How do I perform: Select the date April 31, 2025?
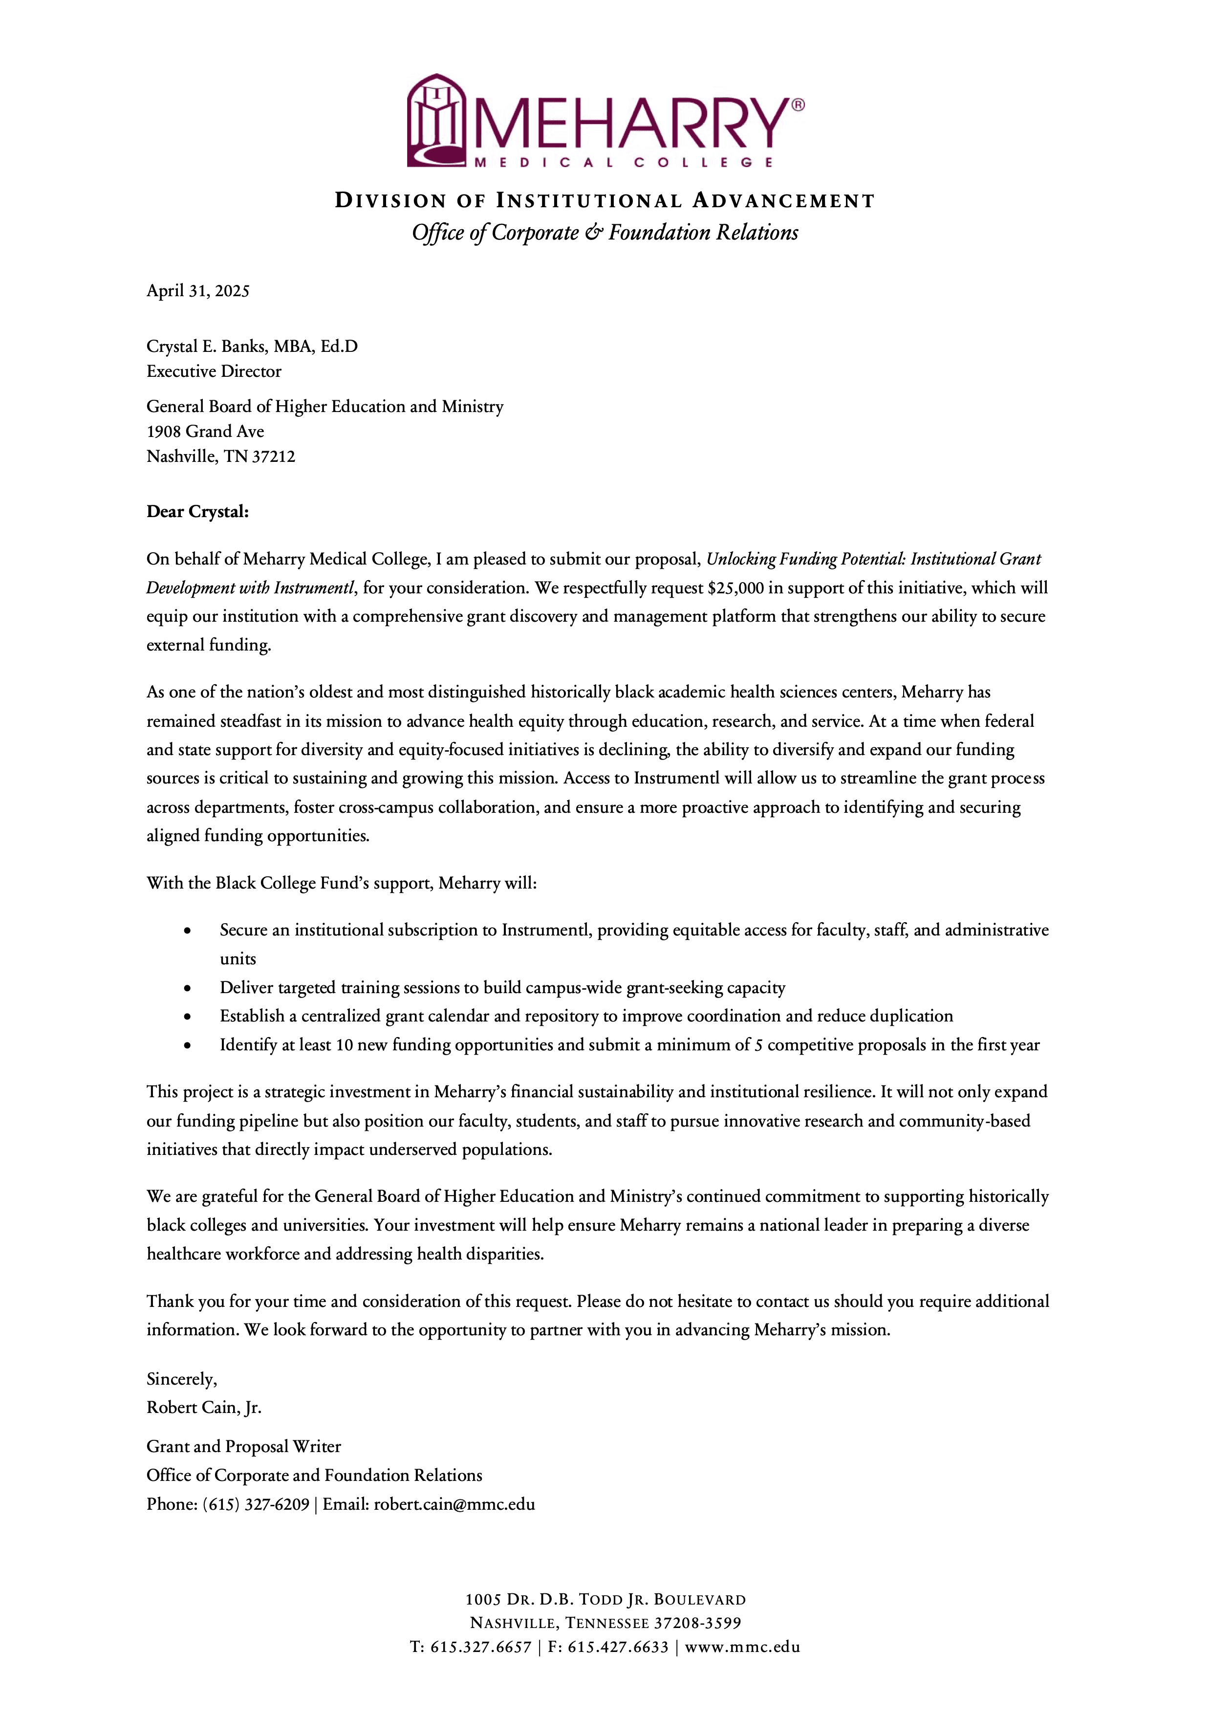(198, 291)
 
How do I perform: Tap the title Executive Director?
(214, 371)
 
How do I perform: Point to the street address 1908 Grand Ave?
(205, 431)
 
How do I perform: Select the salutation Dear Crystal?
(197, 512)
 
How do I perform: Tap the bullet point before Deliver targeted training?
(188, 988)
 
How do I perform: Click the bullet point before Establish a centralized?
(188, 1017)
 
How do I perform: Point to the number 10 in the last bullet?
(344, 1045)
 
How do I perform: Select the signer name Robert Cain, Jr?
(204, 1407)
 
